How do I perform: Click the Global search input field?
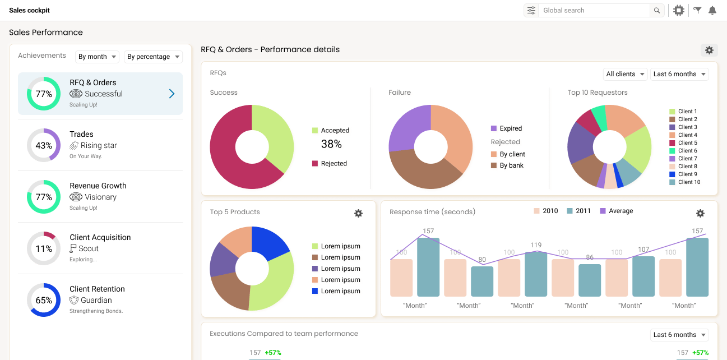pyautogui.click(x=594, y=10)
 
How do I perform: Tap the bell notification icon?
pyautogui.click(x=712, y=10)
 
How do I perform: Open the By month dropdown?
pyautogui.click(x=98, y=57)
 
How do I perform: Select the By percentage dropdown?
pyautogui.click(x=154, y=57)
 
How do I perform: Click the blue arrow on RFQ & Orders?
pyautogui.click(x=172, y=94)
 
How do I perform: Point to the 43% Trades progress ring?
pyautogui.click(x=44, y=145)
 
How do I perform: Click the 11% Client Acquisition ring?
pyautogui.click(x=44, y=248)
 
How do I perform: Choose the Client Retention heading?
pyautogui.click(x=97, y=289)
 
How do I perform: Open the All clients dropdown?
pyautogui.click(x=625, y=74)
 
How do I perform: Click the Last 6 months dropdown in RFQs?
pyautogui.click(x=679, y=74)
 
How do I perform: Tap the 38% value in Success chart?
pyautogui.click(x=331, y=144)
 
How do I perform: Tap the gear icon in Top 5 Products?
pyautogui.click(x=359, y=213)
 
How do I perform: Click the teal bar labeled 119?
pyautogui.click(x=536, y=274)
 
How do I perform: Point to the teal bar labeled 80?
pyautogui.click(x=482, y=281)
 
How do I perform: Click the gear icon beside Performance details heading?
pyautogui.click(x=709, y=50)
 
